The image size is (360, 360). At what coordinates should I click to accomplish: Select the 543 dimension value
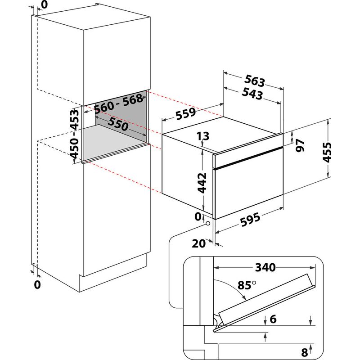(252, 94)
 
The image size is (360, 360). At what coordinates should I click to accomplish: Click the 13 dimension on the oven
(203, 135)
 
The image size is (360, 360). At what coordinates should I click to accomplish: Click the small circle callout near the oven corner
(207, 223)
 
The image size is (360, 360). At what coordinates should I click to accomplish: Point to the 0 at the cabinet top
(44, 5)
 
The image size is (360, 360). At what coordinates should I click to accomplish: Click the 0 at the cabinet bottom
(37, 284)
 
